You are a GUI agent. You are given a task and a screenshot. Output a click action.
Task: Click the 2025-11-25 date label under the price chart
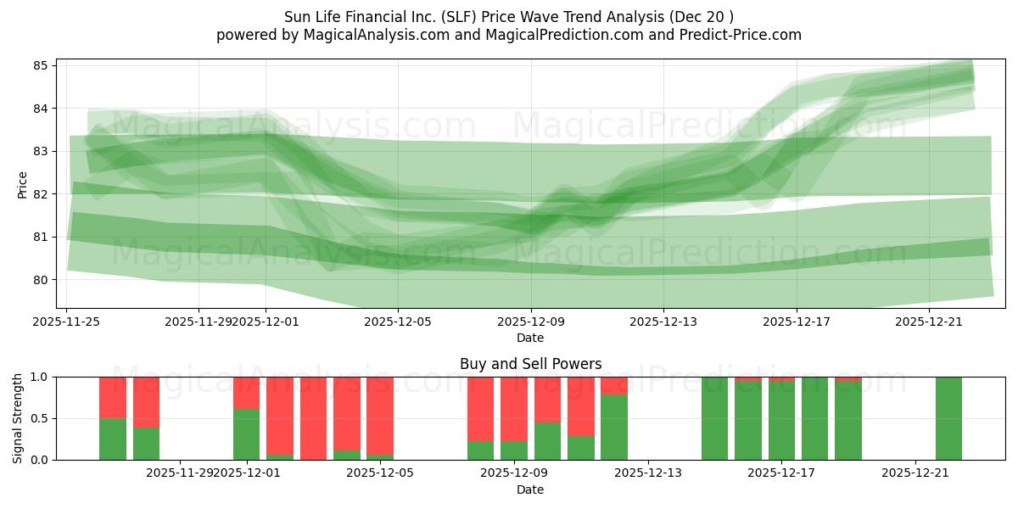[x=66, y=322]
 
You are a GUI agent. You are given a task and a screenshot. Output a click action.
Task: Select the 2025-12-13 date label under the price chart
[x=663, y=322]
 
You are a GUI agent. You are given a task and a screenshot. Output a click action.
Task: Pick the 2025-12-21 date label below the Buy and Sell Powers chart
[x=915, y=473]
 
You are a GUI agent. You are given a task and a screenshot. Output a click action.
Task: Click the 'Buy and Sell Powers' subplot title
[x=530, y=364]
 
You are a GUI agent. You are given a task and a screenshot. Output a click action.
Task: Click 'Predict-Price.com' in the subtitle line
[x=736, y=35]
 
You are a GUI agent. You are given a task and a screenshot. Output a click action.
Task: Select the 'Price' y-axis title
[x=22, y=184]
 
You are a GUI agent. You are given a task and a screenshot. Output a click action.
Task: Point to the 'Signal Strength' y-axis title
[x=18, y=418]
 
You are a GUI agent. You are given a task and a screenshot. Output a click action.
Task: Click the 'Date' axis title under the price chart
[x=530, y=338]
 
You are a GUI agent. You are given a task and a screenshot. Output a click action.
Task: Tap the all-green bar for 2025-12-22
[x=948, y=418]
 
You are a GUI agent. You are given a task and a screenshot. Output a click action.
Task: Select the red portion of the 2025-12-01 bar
[x=247, y=393]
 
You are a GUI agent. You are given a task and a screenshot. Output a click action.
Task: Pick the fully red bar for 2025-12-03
[x=313, y=418]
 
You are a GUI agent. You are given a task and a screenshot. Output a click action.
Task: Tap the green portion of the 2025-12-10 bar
[x=547, y=441]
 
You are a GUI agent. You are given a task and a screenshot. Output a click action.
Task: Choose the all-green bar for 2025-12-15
[x=714, y=418]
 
